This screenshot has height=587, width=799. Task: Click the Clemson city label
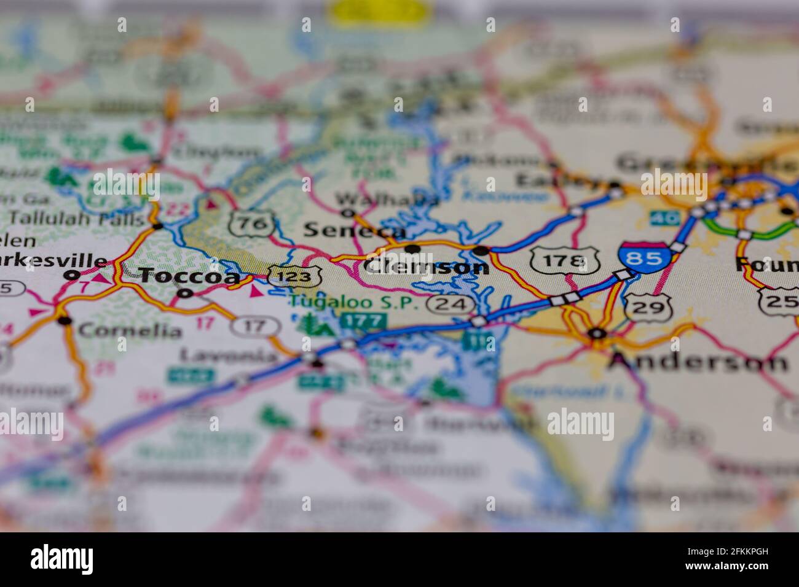pyautogui.click(x=426, y=266)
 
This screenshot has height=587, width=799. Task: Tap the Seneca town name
pyautogui.click(x=355, y=230)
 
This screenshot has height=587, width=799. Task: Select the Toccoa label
pyautogui.click(x=189, y=276)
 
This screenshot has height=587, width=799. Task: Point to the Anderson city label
pyautogui.click(x=698, y=362)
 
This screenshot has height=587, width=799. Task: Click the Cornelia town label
pyautogui.click(x=130, y=331)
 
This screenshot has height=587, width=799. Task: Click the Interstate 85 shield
pyautogui.click(x=643, y=258)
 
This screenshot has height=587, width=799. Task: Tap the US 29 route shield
pyautogui.click(x=648, y=307)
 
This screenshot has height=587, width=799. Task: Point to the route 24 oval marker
pyautogui.click(x=452, y=304)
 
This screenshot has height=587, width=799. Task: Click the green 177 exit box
pyautogui.click(x=364, y=321)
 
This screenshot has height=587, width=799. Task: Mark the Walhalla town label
pyautogui.click(x=388, y=200)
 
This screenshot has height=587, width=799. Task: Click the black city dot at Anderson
pyautogui.click(x=595, y=333)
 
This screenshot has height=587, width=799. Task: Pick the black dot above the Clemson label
pyautogui.click(x=412, y=249)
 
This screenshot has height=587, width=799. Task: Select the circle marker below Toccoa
pyautogui.click(x=184, y=293)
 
